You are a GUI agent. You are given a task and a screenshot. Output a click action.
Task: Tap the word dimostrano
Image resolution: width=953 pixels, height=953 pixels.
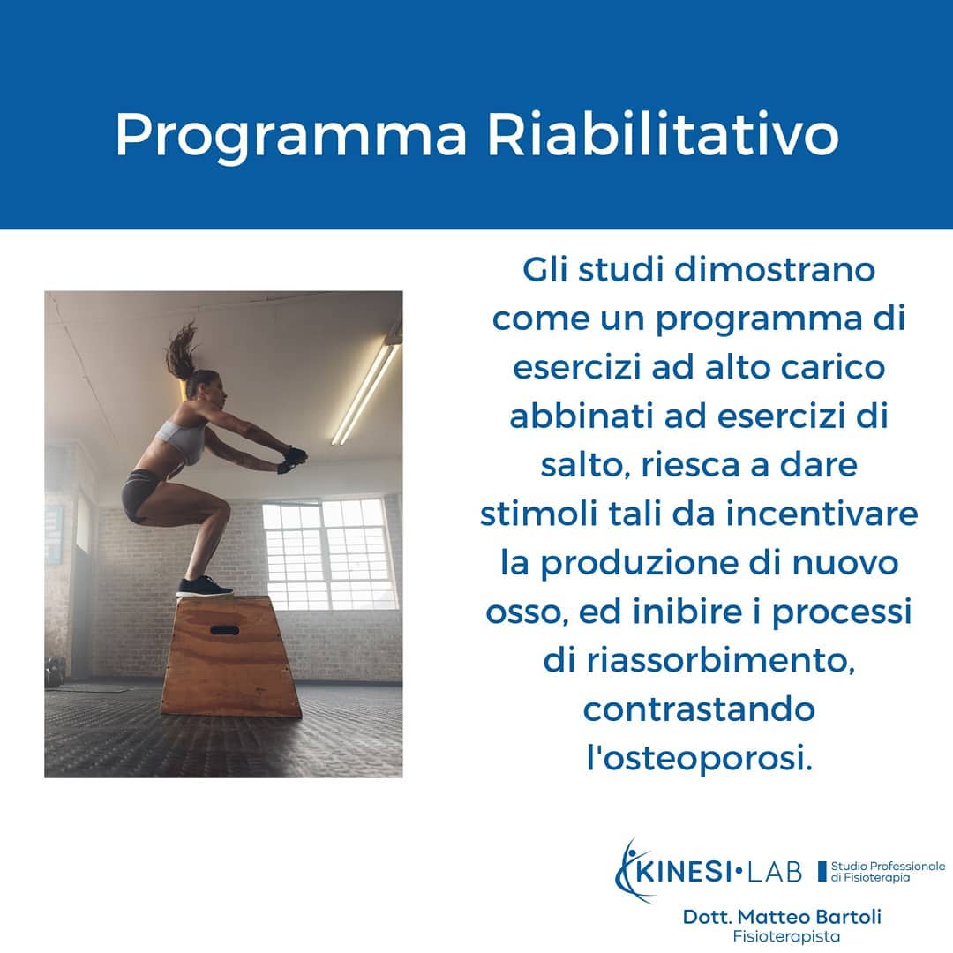775,269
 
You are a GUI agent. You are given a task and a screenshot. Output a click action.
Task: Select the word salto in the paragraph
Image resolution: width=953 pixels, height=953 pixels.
585,466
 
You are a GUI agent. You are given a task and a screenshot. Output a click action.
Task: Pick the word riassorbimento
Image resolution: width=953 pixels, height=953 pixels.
720,660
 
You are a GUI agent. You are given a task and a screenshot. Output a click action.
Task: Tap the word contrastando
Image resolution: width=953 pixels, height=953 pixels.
699,709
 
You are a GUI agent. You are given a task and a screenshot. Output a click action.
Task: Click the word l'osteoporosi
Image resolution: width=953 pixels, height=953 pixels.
699,759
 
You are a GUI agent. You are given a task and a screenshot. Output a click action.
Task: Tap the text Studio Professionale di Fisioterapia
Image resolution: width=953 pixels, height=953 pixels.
888,872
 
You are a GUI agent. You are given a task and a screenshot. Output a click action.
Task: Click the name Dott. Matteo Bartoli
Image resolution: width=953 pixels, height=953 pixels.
782,917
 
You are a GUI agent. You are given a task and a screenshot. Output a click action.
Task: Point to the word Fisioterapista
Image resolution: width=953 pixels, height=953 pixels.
786,936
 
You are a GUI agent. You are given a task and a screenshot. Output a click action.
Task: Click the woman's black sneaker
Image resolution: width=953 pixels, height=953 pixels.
204,587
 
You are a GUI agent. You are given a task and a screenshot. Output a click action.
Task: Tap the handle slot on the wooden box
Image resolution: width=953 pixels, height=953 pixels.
224,630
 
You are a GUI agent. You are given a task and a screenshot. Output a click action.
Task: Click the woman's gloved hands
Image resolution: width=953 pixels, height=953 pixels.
292,459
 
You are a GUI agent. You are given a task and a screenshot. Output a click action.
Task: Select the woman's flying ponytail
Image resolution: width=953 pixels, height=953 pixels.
183,350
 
